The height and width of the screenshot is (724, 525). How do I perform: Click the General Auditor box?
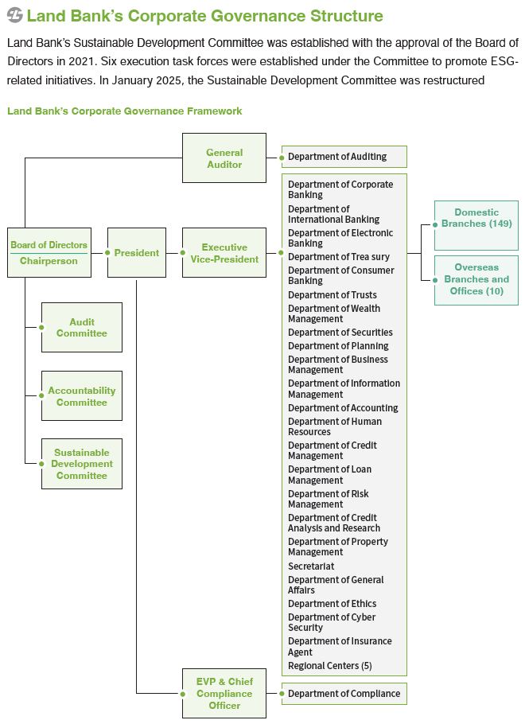[224, 158]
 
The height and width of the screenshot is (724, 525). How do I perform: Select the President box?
[137, 252]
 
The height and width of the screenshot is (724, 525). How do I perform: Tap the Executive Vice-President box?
[224, 252]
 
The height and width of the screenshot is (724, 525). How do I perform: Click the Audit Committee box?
[82, 327]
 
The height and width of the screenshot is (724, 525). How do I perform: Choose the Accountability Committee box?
[82, 395]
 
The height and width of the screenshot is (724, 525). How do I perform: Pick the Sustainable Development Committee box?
[82, 464]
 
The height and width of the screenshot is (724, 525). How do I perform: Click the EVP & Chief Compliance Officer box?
[224, 693]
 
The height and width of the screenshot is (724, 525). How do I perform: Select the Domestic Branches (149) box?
[476, 225]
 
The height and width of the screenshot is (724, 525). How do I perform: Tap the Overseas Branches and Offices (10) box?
[476, 280]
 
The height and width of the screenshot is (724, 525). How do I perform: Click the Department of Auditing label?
[337, 157]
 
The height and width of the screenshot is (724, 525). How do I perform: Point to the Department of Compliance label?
[344, 694]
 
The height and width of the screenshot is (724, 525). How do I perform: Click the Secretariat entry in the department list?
[311, 566]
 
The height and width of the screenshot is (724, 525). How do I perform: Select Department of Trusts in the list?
[332, 294]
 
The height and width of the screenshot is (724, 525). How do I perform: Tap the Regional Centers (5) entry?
[329, 665]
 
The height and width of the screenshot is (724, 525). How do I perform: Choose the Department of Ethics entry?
[332, 604]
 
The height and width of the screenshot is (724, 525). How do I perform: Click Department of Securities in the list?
[340, 332]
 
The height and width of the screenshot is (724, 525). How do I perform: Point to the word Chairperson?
[49, 261]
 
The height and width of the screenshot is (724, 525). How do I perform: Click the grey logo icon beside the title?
[15, 15]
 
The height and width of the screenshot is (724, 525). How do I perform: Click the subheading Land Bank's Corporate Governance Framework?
[125, 111]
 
